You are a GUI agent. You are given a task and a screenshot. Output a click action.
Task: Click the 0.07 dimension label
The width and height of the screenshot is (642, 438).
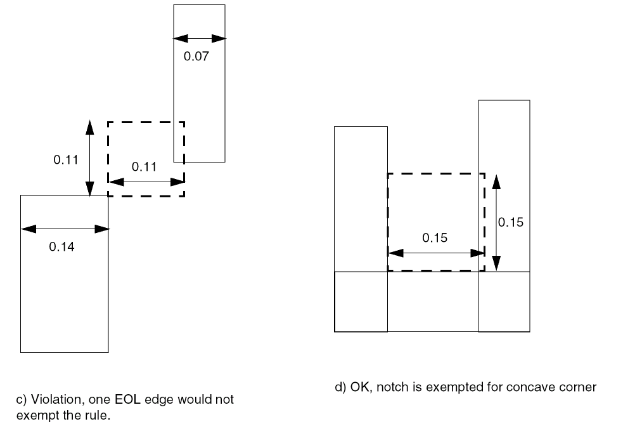tap(196, 56)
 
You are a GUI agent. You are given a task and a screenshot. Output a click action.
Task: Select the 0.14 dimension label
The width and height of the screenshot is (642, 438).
tap(61, 247)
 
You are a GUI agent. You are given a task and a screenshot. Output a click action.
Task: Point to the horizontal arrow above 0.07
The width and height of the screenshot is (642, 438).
tap(200, 38)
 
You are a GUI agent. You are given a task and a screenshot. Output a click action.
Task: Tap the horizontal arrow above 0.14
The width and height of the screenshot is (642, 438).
tap(65, 229)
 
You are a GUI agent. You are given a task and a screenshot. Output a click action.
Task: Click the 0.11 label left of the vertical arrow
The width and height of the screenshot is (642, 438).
tap(65, 160)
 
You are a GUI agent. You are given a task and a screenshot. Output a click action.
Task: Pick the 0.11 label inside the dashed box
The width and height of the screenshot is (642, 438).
tap(144, 167)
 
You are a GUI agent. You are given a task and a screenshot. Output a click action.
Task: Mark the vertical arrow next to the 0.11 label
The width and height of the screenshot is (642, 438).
tap(90, 157)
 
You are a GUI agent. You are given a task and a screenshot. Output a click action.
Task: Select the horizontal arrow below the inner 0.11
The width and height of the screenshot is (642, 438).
tap(146, 181)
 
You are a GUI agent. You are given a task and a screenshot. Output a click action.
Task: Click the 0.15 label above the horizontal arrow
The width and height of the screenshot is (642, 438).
tap(435, 238)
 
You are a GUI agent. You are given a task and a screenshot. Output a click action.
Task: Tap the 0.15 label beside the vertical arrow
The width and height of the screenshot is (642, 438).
tap(511, 223)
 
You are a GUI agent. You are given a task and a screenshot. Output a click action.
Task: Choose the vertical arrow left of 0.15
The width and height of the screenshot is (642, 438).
tap(496, 222)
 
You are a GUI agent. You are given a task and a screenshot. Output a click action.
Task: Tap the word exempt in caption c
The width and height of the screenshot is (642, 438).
tap(33, 417)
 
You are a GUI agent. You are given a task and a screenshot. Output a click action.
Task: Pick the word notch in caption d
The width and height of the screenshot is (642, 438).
tap(391, 387)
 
